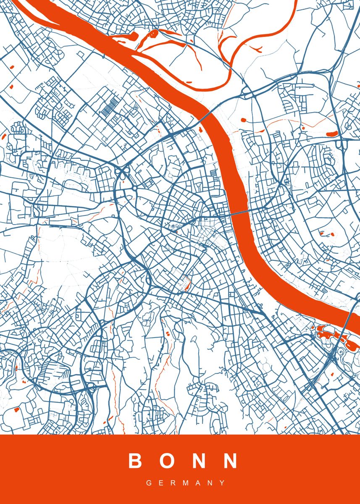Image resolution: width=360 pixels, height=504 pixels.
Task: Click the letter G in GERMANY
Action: click(x=149, y=483)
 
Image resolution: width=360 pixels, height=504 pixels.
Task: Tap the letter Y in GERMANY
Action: click(x=222, y=483)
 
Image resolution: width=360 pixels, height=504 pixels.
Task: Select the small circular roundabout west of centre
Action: click(x=134, y=189)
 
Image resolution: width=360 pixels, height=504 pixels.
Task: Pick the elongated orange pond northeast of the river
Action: click(x=333, y=134)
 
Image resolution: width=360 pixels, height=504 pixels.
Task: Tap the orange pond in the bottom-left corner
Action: click(x=17, y=409)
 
